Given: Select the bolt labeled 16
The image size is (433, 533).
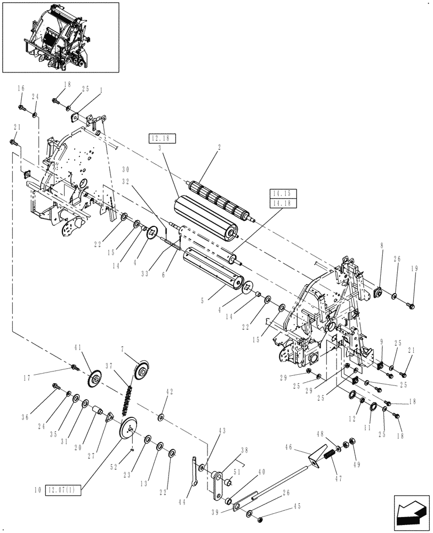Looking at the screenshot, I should pos(23,108).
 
